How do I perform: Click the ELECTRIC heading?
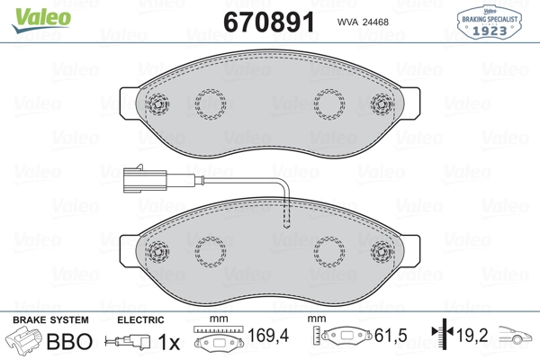(140, 319)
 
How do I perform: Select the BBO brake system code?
(69, 342)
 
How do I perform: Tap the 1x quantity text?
(168, 342)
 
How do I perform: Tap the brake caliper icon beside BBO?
(23, 343)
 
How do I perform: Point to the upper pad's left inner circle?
(212, 103)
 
